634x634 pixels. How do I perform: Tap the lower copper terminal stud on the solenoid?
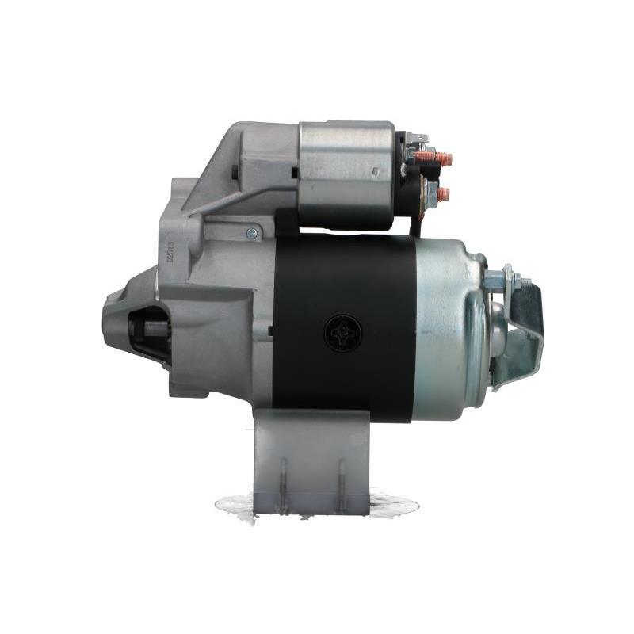coord(441,194)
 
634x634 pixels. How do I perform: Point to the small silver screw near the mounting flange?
coord(251,233)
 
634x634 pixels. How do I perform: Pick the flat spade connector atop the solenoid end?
coord(418,139)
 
